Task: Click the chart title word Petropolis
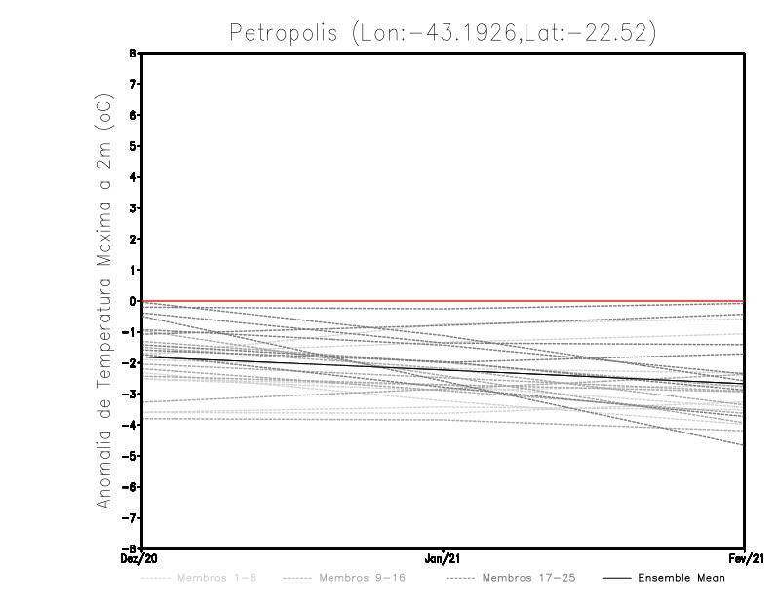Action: point(284,32)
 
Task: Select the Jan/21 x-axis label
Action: point(444,559)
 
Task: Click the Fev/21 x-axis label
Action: point(745,559)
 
